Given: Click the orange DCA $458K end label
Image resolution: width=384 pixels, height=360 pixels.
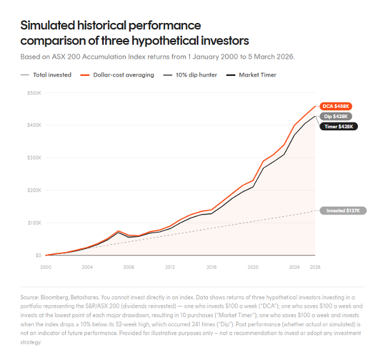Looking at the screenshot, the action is (336, 107).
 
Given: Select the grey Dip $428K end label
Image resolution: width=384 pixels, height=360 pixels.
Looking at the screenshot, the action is (336, 116).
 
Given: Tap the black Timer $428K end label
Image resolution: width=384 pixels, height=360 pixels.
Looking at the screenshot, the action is (339, 126).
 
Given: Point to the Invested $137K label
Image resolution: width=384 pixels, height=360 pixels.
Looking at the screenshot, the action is (343, 211).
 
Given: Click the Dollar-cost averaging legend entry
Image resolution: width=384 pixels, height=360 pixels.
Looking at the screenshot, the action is (117, 75).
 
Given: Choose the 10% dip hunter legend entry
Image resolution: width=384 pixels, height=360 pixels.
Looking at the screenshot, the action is (190, 75).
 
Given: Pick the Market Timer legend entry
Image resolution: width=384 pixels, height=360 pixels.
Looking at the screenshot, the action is (251, 75).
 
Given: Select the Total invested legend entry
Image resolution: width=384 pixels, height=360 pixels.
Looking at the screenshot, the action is (46, 75).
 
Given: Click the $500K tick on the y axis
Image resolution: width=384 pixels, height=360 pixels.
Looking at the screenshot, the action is (34, 93).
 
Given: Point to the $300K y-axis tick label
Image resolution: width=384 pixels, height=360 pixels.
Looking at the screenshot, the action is (34, 158).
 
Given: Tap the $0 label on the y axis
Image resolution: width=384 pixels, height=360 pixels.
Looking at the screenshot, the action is (38, 255).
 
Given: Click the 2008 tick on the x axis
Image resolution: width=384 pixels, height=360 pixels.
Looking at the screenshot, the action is (129, 267).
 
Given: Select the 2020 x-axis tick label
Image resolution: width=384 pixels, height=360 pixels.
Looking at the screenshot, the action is (253, 267).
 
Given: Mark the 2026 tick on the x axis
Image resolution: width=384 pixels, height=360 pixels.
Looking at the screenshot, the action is (315, 267).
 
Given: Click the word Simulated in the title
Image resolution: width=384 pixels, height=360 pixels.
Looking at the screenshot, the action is (47, 26).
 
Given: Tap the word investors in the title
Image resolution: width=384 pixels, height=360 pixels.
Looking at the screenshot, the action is (225, 41).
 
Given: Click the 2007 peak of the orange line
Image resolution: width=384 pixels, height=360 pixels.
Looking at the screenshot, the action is (118, 231).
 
